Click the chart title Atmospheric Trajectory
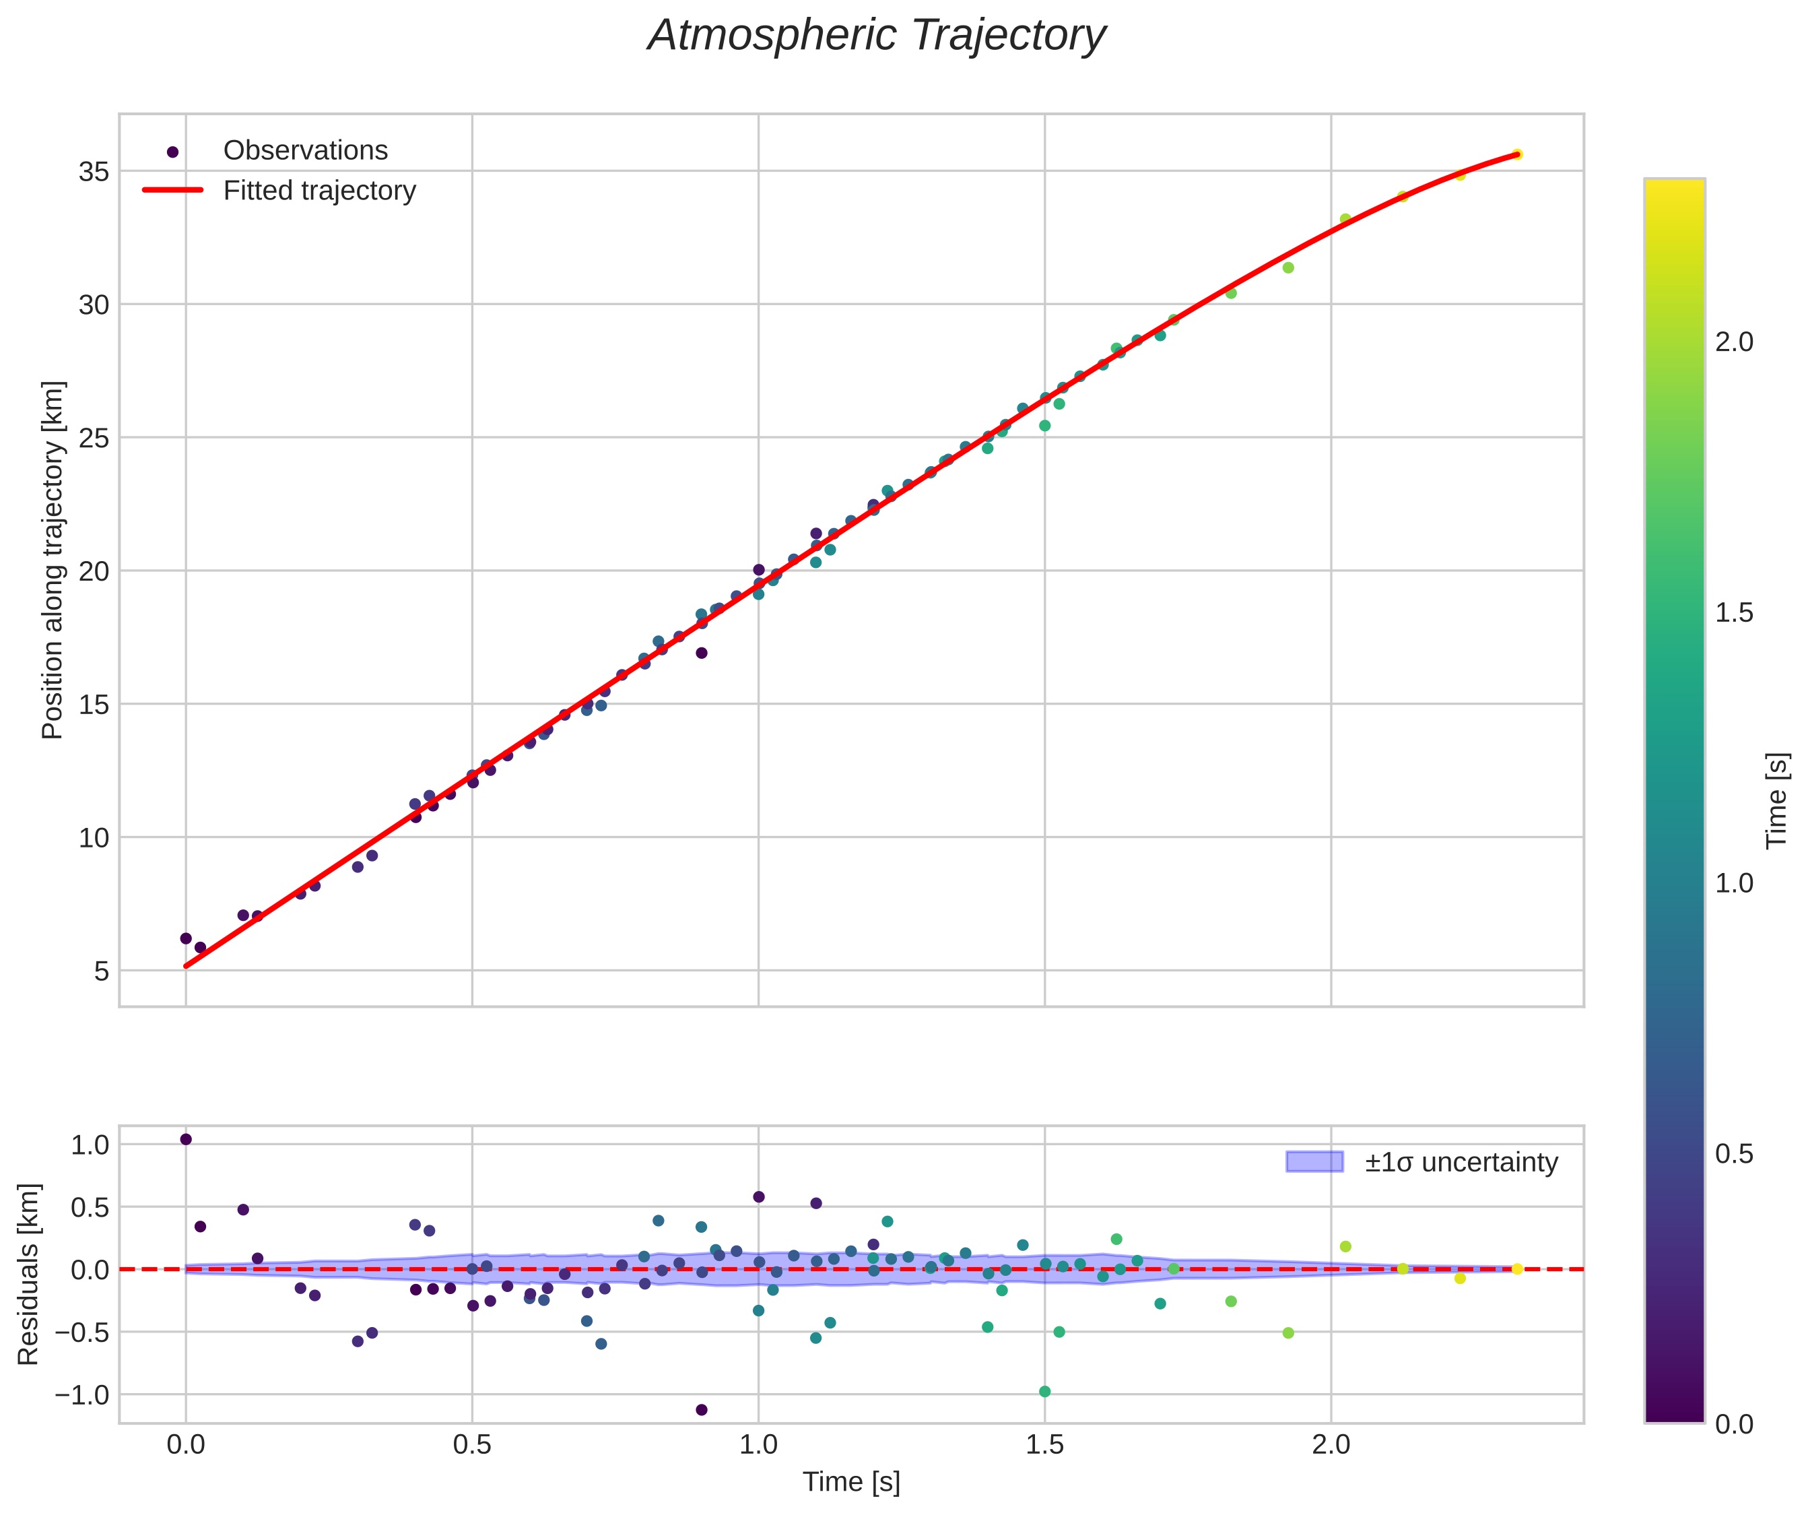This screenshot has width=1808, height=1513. click(877, 36)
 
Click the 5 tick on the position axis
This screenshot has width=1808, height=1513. click(102, 971)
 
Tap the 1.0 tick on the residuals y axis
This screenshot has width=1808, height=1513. click(90, 1145)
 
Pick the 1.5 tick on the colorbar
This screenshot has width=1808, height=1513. click(1734, 613)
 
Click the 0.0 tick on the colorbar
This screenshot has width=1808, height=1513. click(1734, 1424)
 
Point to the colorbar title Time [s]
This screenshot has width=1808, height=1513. click(1777, 801)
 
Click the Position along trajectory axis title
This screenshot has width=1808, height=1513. click(53, 560)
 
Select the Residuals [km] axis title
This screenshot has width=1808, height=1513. click(28, 1275)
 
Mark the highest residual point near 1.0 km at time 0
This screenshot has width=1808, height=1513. click(186, 1139)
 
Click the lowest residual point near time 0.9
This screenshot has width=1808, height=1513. click(702, 1410)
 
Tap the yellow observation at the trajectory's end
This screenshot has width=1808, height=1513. click(1517, 154)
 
